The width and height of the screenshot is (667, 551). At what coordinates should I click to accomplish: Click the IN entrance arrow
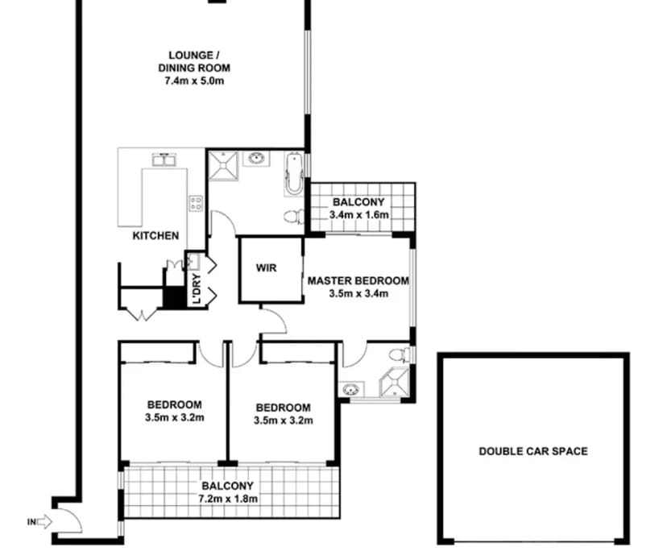coord(44,522)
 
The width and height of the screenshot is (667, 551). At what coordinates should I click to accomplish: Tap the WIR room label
coord(267,267)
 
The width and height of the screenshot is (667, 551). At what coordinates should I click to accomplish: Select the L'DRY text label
coord(197,288)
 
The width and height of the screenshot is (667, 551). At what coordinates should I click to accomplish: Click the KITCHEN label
coord(155,236)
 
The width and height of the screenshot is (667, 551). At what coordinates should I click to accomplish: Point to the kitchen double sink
coord(164,159)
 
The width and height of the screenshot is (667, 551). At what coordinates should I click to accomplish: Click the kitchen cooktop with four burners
coord(196,203)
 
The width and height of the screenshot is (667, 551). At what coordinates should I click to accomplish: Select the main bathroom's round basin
coord(256,159)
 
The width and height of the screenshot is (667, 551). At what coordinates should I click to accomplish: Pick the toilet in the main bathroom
coord(294,216)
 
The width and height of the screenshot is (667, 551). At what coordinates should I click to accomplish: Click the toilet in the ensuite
coord(400,354)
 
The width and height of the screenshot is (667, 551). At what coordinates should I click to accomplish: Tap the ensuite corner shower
coord(396,383)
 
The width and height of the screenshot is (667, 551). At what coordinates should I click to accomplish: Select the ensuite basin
coord(351,389)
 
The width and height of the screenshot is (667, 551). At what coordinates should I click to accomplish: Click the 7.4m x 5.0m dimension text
coord(194,81)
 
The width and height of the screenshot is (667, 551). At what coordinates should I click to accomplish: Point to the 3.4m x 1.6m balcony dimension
coord(359,215)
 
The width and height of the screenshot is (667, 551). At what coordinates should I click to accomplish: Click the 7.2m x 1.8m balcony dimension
coord(228,499)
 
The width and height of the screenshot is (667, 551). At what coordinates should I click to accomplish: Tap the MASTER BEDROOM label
coord(358,281)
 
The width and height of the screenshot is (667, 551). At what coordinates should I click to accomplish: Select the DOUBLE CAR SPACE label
coord(533,451)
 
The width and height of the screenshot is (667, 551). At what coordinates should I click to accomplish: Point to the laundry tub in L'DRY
coord(193,262)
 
